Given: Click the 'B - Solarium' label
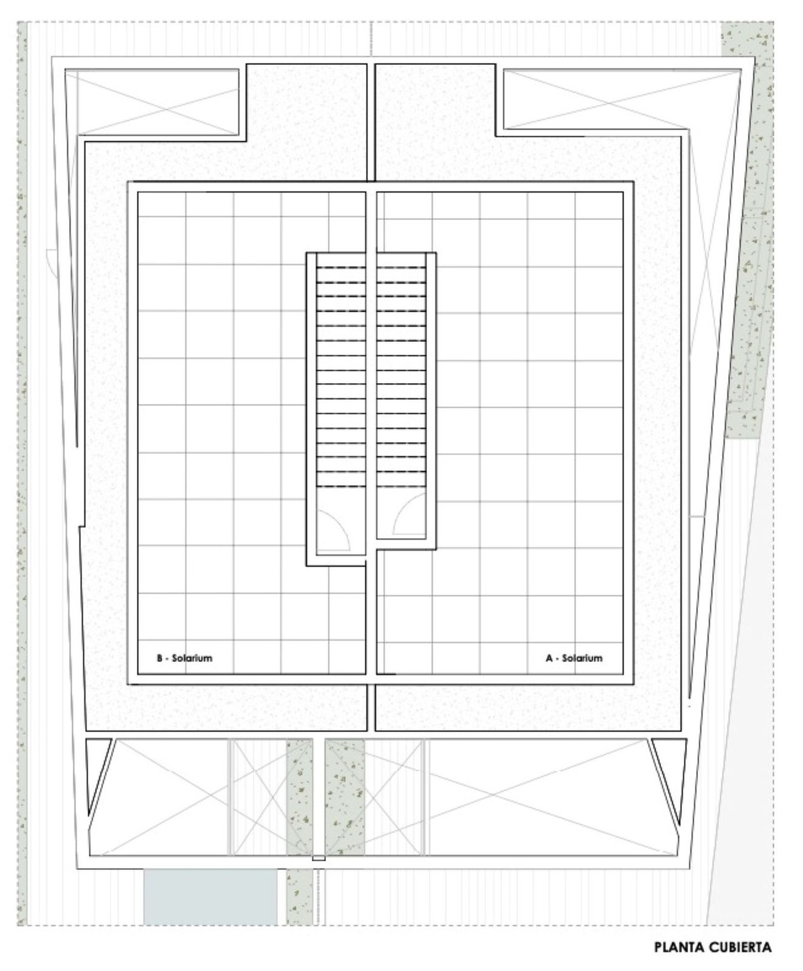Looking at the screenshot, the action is (184, 658).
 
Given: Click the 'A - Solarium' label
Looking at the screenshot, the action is (574, 658).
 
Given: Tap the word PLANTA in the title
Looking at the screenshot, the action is (679, 948).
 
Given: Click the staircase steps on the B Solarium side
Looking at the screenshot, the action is (341, 376).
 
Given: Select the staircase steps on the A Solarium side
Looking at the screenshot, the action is (401, 376).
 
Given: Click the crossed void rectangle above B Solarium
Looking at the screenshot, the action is (158, 102).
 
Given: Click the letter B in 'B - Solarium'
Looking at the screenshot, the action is (160, 658).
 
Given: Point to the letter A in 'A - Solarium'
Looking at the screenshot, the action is (549, 658).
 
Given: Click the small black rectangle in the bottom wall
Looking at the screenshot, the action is (319, 859).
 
